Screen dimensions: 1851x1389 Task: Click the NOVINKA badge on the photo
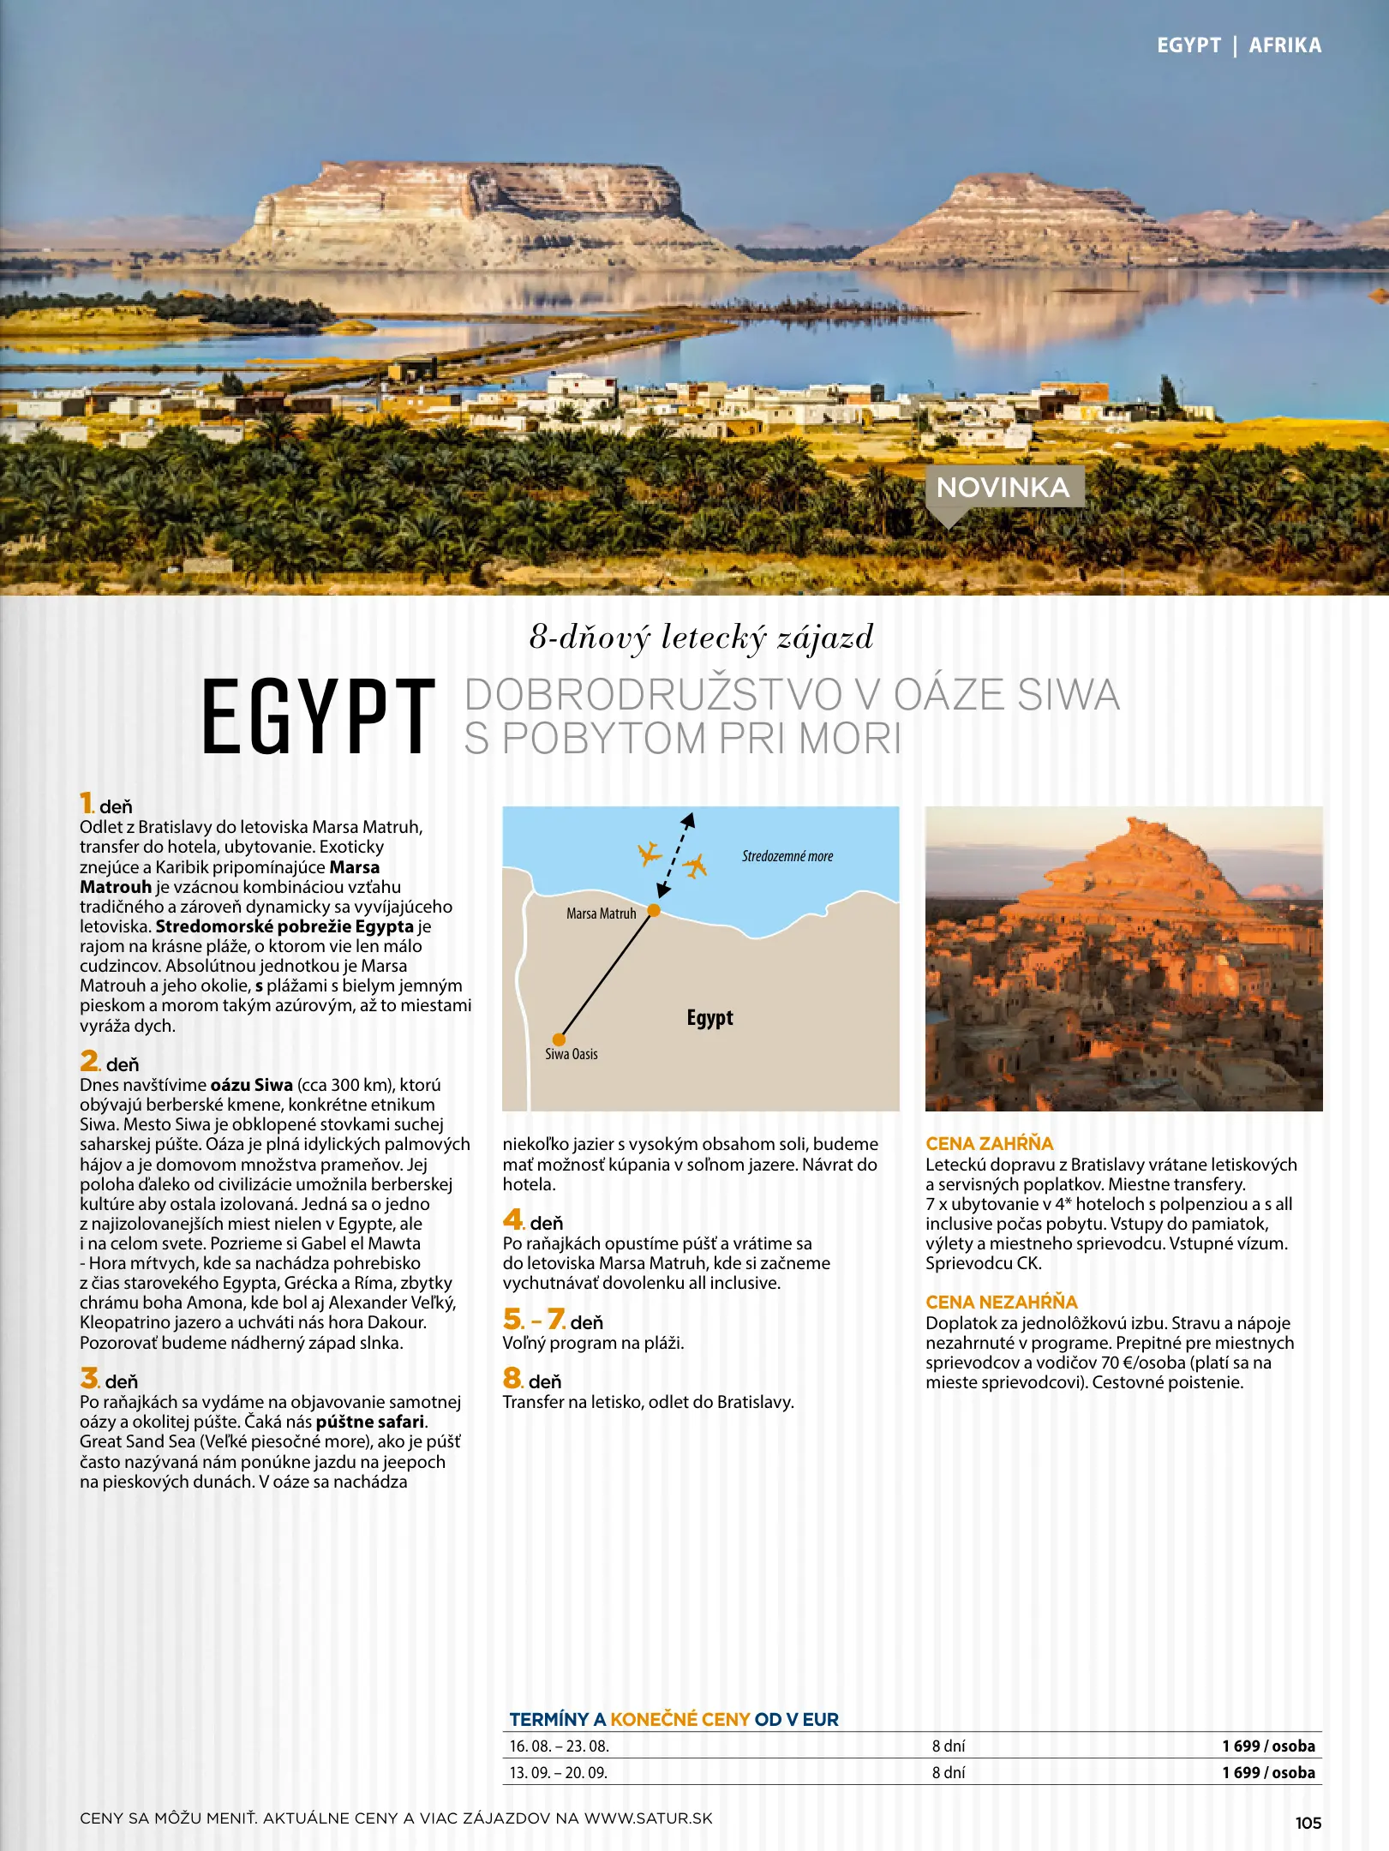(x=1003, y=488)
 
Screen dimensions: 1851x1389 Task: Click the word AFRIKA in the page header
(x=1284, y=45)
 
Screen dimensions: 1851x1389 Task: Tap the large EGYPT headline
(x=319, y=716)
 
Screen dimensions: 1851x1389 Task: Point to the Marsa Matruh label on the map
(x=601, y=914)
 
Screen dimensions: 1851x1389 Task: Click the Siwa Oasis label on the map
(x=572, y=1054)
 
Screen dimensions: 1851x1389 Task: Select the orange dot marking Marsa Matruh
(x=654, y=910)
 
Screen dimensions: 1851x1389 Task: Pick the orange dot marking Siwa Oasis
(x=559, y=1039)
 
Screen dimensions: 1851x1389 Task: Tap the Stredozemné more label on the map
(x=787, y=856)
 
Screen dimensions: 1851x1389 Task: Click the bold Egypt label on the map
(x=709, y=1018)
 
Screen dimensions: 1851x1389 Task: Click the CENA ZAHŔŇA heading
(x=989, y=1143)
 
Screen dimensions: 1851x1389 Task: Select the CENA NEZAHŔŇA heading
(x=1001, y=1302)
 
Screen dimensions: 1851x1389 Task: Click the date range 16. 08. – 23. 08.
(x=559, y=1746)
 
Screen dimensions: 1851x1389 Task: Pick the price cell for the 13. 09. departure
(x=1268, y=1772)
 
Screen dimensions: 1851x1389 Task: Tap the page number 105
(x=1308, y=1823)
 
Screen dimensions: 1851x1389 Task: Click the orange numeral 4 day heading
(x=513, y=1219)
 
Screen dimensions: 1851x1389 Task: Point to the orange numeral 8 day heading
(x=512, y=1378)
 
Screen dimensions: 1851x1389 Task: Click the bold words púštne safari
(x=370, y=1422)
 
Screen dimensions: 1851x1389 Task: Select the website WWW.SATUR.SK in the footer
(x=648, y=1818)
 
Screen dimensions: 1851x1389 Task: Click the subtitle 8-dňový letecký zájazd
(x=701, y=638)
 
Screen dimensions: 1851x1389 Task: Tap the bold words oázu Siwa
(x=251, y=1085)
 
